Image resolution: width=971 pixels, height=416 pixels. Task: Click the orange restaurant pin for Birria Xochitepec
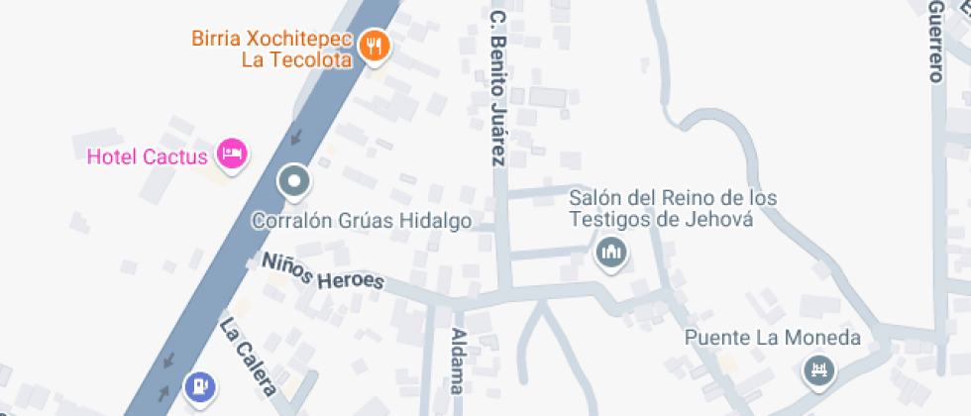click(374, 45)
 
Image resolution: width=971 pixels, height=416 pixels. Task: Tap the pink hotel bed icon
click(232, 154)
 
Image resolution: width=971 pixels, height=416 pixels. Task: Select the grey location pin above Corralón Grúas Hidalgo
click(294, 181)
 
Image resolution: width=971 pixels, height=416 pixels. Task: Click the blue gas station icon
click(201, 383)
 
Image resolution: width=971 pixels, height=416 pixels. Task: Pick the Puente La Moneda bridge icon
click(819, 371)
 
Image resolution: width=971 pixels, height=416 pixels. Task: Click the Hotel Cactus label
click(147, 156)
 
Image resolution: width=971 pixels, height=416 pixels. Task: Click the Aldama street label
click(457, 361)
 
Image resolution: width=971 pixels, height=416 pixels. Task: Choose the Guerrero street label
click(935, 40)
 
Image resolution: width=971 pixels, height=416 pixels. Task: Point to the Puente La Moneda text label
click(773, 338)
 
